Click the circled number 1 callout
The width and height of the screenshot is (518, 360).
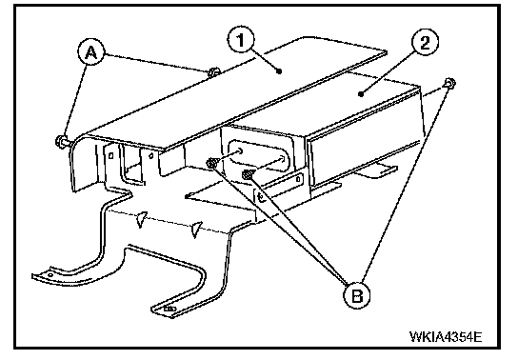point(241,40)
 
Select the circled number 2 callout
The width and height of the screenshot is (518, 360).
point(425,43)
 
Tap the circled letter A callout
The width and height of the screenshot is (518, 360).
point(91,52)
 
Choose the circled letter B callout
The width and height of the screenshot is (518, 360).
point(357,295)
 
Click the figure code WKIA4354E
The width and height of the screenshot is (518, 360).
point(446,337)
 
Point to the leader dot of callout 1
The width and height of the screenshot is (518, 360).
point(279,70)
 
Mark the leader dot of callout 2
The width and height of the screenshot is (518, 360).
point(361,94)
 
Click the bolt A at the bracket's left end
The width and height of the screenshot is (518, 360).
point(62,141)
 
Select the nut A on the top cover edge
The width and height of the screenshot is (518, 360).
point(212,72)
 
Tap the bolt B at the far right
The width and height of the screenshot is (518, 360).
point(450,83)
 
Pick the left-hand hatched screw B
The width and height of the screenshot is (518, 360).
point(211,163)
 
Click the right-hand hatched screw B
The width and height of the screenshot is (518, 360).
point(248,173)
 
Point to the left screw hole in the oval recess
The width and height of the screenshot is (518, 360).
point(239,151)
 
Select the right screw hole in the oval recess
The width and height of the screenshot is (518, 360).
point(282,159)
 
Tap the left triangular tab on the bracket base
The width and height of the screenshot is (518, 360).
point(141,219)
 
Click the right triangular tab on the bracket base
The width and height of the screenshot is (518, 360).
point(196,230)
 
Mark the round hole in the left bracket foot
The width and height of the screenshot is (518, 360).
point(50,275)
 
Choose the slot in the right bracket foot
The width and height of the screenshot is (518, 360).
point(169,310)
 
